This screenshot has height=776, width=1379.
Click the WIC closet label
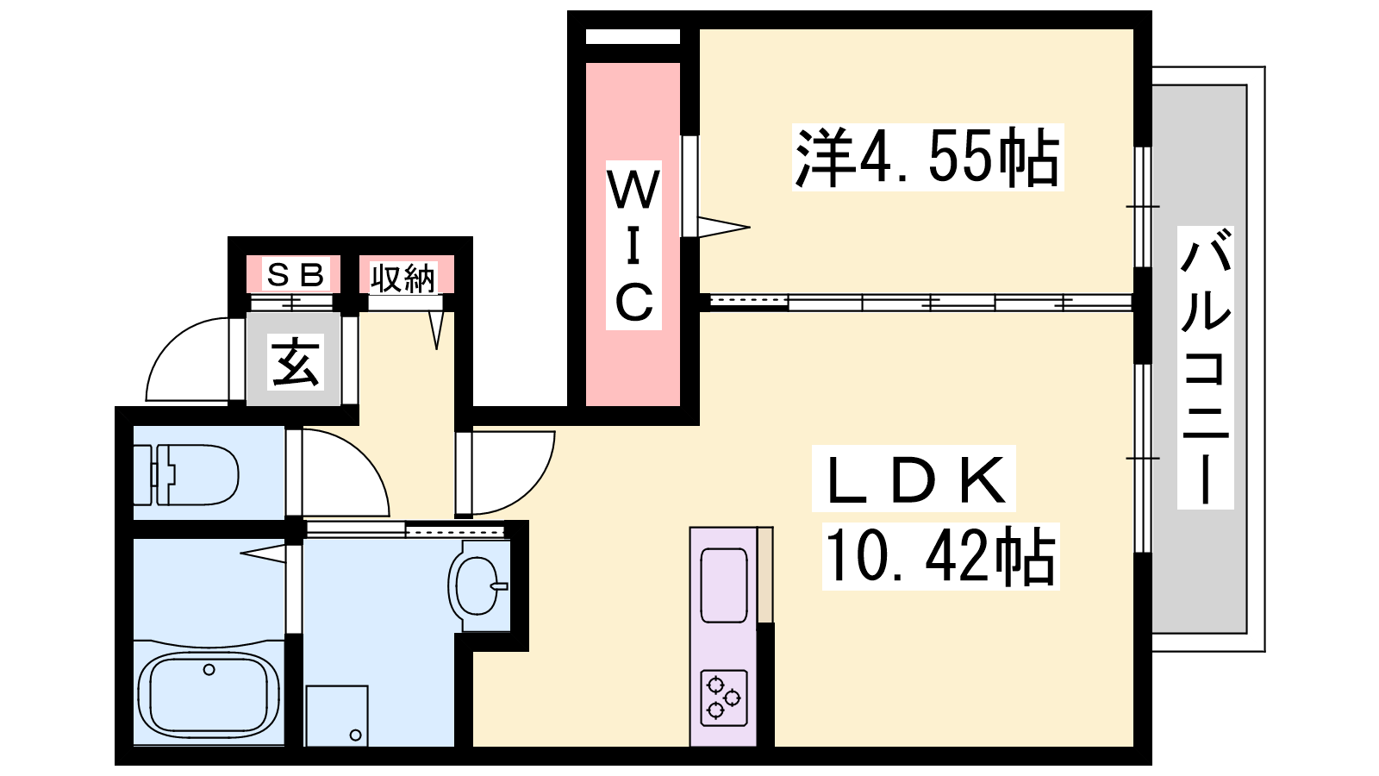tap(633, 245)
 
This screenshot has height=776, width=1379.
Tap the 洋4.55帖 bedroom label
tap(927, 158)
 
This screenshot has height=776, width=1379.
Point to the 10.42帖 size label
tap(940, 555)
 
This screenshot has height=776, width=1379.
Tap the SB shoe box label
tap(294, 275)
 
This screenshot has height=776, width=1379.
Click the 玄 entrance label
tap(295, 361)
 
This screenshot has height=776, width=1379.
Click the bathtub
tap(209, 693)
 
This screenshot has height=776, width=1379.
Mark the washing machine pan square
tap(337, 716)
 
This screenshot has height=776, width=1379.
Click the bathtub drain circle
tap(209, 669)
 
